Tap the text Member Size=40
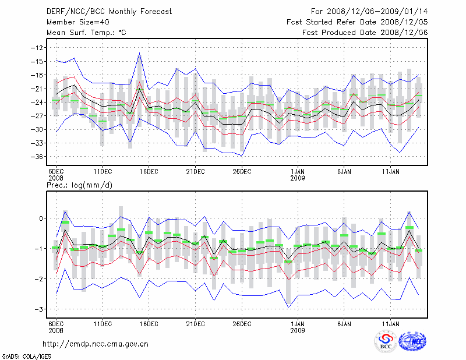point(73,22)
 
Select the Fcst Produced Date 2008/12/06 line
point(365,33)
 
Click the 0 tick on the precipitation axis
point(41,218)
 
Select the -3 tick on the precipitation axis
point(39,309)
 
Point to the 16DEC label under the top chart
point(149,171)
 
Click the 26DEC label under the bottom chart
point(242,323)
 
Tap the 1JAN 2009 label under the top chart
point(298,174)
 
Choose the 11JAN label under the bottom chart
point(391,323)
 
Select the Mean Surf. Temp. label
point(83,33)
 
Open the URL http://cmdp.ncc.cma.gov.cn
point(96,344)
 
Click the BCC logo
point(385,341)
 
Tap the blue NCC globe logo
point(412,341)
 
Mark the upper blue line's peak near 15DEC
point(140,53)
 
